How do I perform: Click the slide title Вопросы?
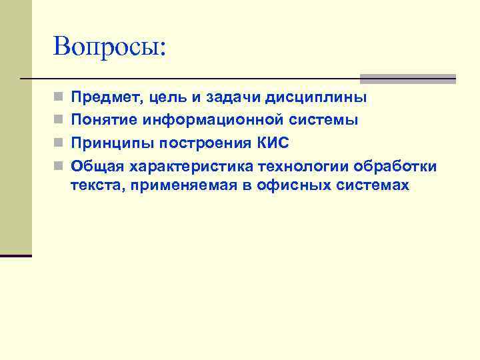tap(109, 47)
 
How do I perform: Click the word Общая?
tap(97, 165)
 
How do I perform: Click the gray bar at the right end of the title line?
tap(407, 79)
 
